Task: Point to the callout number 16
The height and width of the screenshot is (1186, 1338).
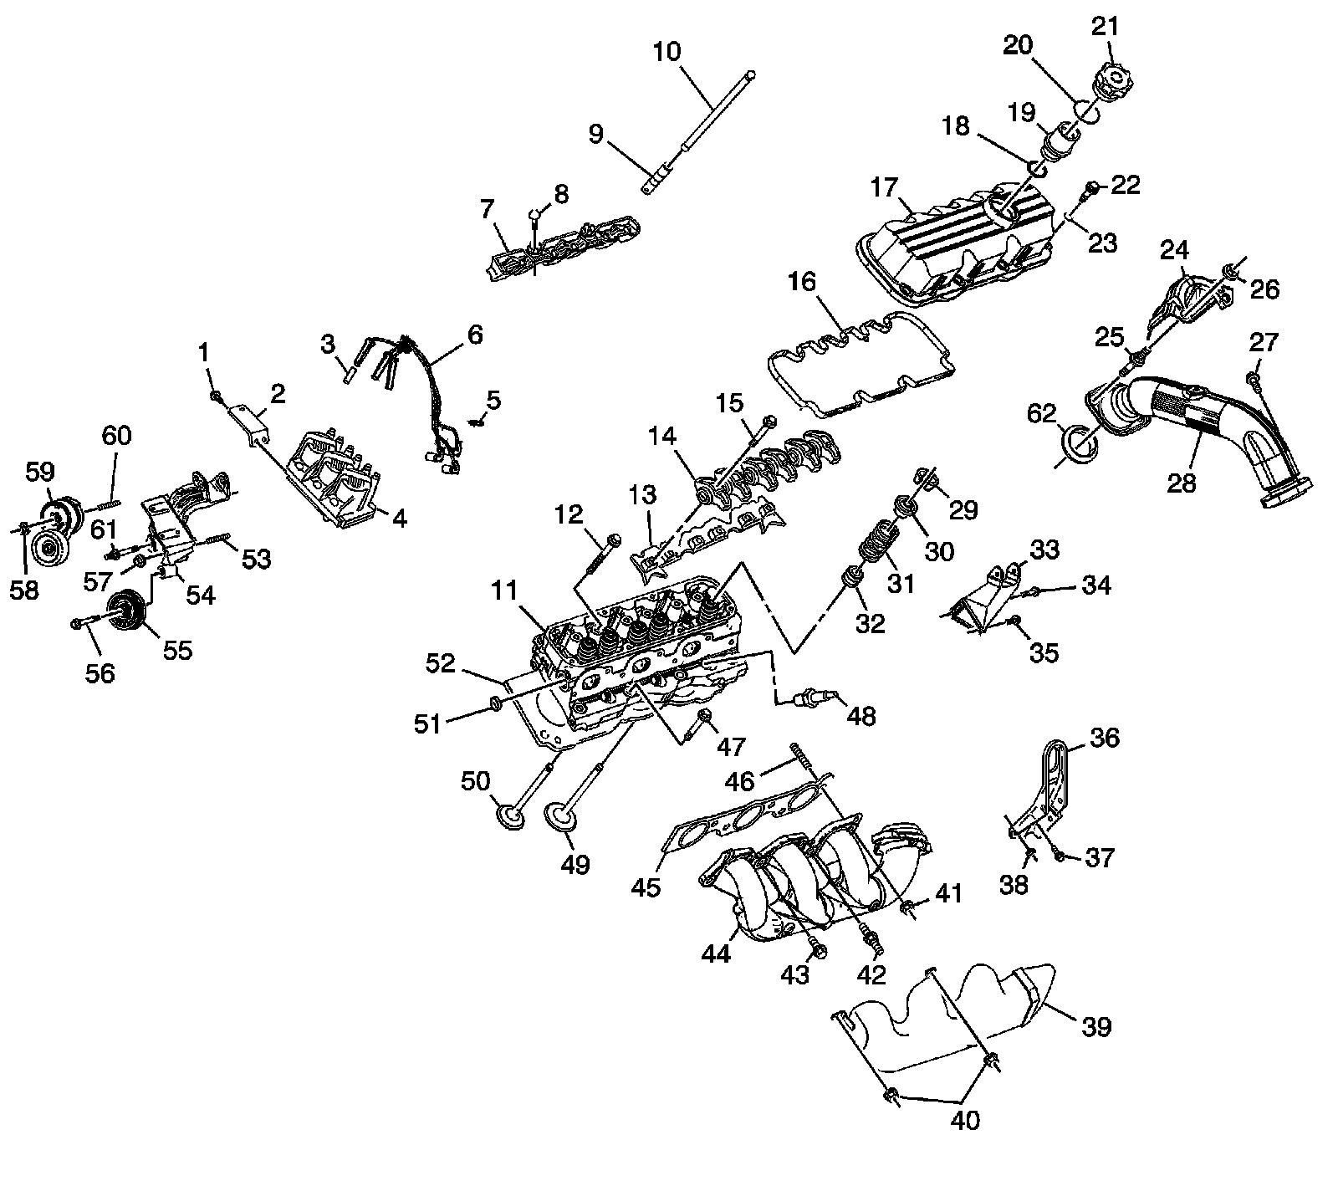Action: (x=800, y=282)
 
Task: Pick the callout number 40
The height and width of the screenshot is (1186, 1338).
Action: (x=965, y=1119)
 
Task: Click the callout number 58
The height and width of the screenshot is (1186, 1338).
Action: (x=23, y=590)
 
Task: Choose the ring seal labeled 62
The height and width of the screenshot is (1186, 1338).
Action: (x=1079, y=444)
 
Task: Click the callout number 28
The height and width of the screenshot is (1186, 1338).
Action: (x=1182, y=483)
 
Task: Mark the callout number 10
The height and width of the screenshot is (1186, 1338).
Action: (x=667, y=52)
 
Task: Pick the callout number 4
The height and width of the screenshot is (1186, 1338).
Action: (x=400, y=519)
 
